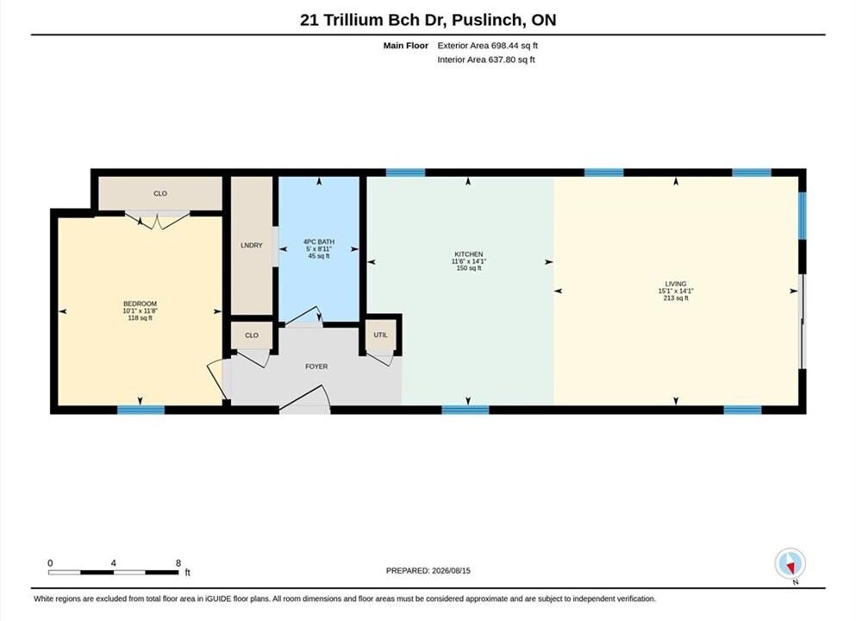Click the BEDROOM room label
pos(140,304)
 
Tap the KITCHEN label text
pos(468,254)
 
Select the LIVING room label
pos(675,284)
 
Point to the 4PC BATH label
pos(319,241)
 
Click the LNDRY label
pos(251,245)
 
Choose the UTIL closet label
pos(380,335)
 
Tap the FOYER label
pos(316,367)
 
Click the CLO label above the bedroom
pos(160,193)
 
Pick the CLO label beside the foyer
pos(251,336)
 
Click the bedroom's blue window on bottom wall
pos(141,410)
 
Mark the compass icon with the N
pos(790,564)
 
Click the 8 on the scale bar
pos(178,563)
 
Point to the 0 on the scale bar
pos(50,563)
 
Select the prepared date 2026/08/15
pos(451,570)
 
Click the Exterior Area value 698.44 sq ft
pos(515,46)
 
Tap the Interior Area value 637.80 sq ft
pos(511,60)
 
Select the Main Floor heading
pos(406,46)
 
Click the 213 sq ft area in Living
pos(675,298)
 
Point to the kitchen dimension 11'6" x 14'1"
pos(468,261)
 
